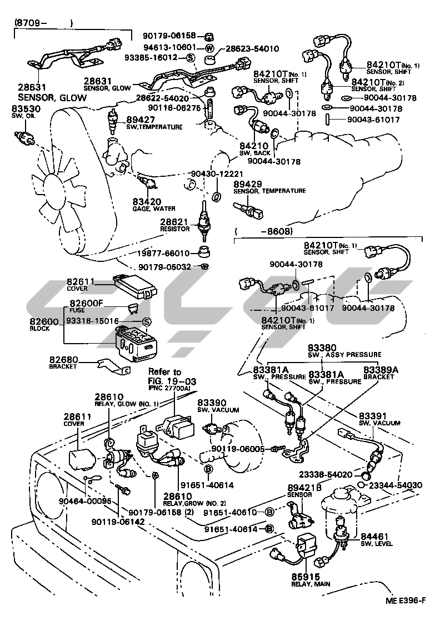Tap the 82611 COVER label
pyautogui.click(x=81, y=284)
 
